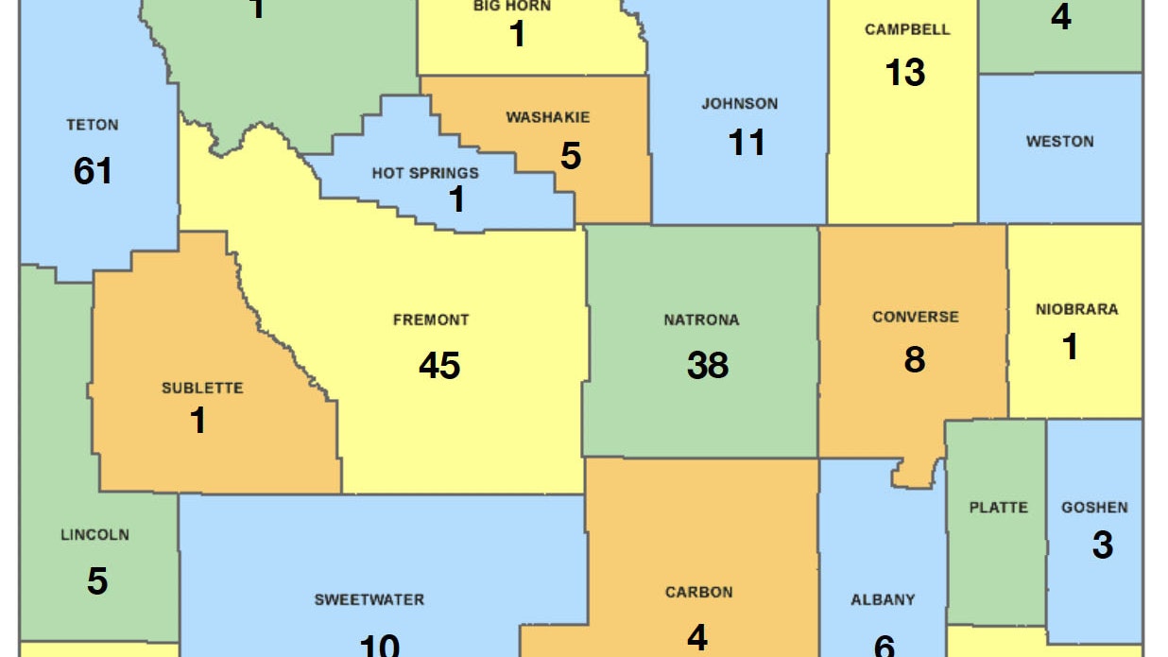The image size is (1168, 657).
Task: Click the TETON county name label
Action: (93, 125)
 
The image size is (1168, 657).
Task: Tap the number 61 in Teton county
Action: (93, 171)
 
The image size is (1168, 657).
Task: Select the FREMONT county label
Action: (431, 320)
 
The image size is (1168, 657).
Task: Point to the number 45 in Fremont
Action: (439, 365)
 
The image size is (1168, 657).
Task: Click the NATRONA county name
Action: (701, 320)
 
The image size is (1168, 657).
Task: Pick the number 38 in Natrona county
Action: (708, 365)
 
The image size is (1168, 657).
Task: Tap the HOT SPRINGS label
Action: (425, 173)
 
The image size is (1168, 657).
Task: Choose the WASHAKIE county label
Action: (548, 118)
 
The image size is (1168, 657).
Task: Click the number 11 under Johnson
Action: (747, 144)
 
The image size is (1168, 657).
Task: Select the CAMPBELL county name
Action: (907, 30)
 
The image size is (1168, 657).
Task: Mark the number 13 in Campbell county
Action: (905, 73)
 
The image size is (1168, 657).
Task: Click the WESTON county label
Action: (1060, 142)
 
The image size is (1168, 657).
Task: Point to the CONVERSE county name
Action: (915, 318)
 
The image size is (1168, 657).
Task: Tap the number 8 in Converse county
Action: (915, 360)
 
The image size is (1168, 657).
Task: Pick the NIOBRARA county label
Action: (1076, 309)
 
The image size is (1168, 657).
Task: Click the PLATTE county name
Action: (998, 508)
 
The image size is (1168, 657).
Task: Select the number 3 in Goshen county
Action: (1102, 546)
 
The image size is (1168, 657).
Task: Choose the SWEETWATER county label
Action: (369, 599)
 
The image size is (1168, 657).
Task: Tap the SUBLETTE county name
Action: (202, 388)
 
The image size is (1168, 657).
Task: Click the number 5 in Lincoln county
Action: (97, 581)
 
